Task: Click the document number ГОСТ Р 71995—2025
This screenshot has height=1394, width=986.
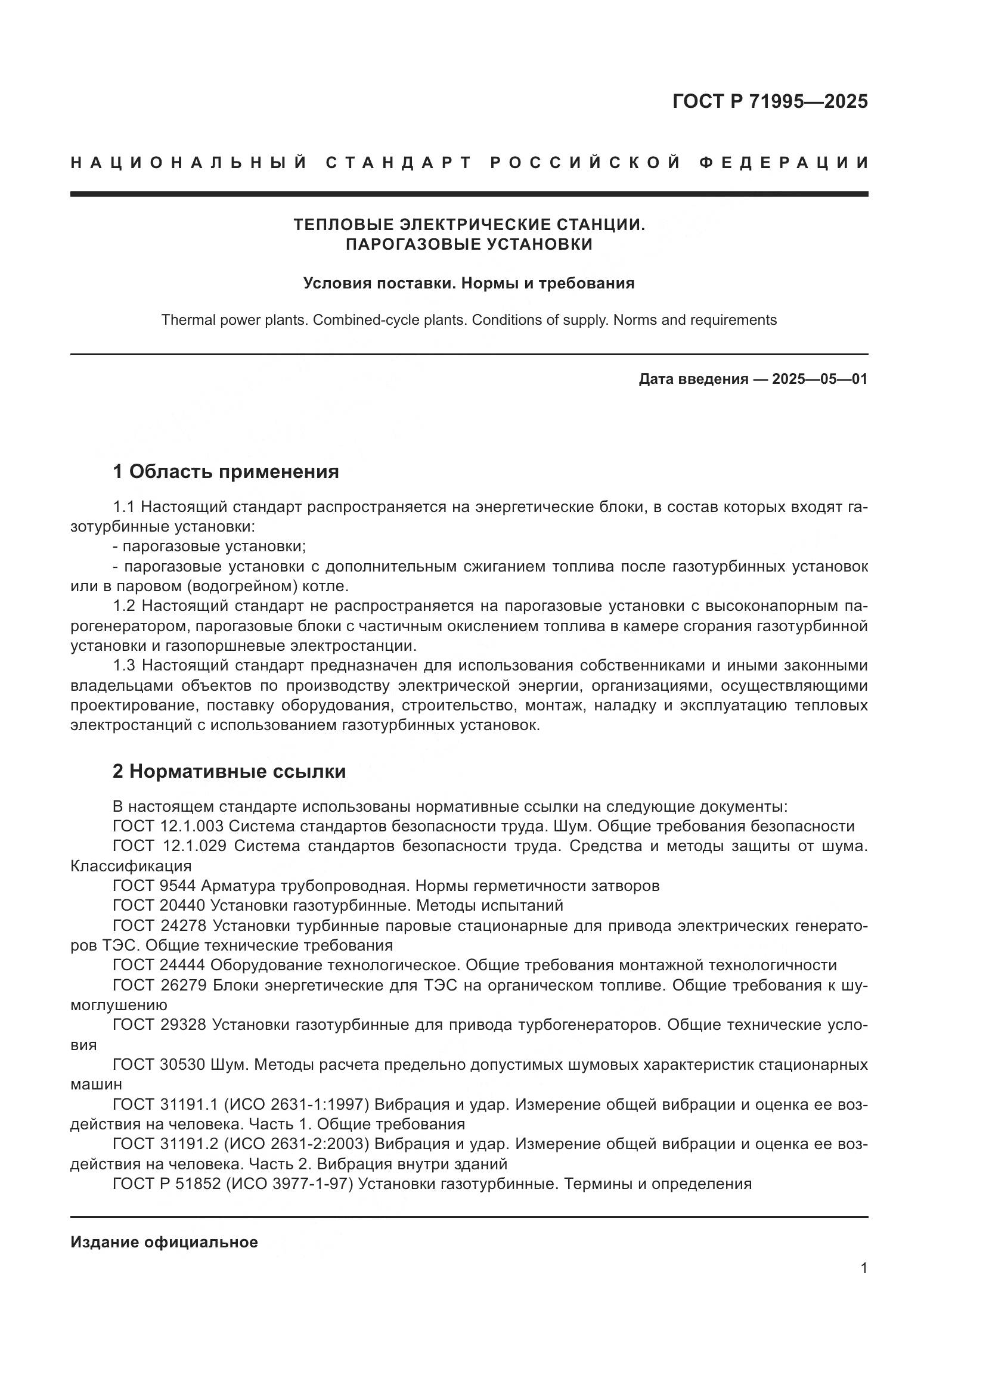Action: (769, 101)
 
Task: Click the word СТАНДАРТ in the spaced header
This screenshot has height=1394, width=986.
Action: (398, 163)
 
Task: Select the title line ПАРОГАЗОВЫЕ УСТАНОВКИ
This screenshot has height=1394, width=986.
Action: (469, 244)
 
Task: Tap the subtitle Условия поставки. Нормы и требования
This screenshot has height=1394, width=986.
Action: (469, 284)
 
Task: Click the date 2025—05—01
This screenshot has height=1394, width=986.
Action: (820, 380)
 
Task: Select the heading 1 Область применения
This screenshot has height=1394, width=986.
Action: (225, 472)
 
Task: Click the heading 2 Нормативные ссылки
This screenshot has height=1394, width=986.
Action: (229, 772)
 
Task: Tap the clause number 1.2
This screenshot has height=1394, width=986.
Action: (125, 606)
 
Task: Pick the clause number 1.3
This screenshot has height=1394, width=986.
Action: (125, 666)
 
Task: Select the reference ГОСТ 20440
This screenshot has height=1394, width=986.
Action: (159, 905)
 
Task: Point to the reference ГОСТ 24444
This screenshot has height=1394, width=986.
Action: (159, 965)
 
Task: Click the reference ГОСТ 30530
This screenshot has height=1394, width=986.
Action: (159, 1064)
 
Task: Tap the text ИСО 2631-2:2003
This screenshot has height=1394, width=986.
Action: (296, 1144)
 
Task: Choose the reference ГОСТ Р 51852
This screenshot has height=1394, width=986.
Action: (166, 1184)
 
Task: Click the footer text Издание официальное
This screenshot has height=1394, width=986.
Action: (164, 1242)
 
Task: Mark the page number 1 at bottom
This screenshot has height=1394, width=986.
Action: (863, 1268)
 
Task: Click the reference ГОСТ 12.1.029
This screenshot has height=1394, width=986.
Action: (169, 846)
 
